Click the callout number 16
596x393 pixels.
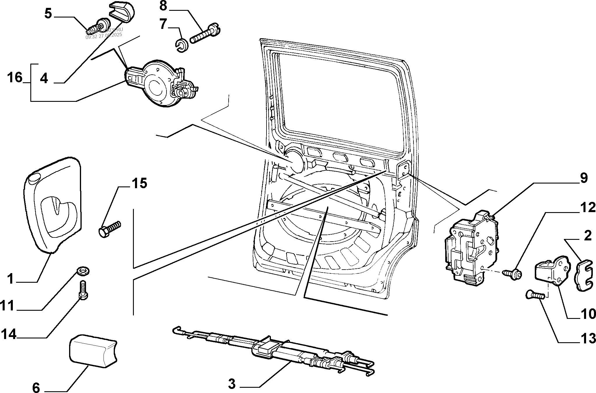(x=15, y=78)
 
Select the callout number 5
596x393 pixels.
(x=48, y=14)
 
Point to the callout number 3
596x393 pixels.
(x=232, y=384)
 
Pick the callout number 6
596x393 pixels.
(x=36, y=387)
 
